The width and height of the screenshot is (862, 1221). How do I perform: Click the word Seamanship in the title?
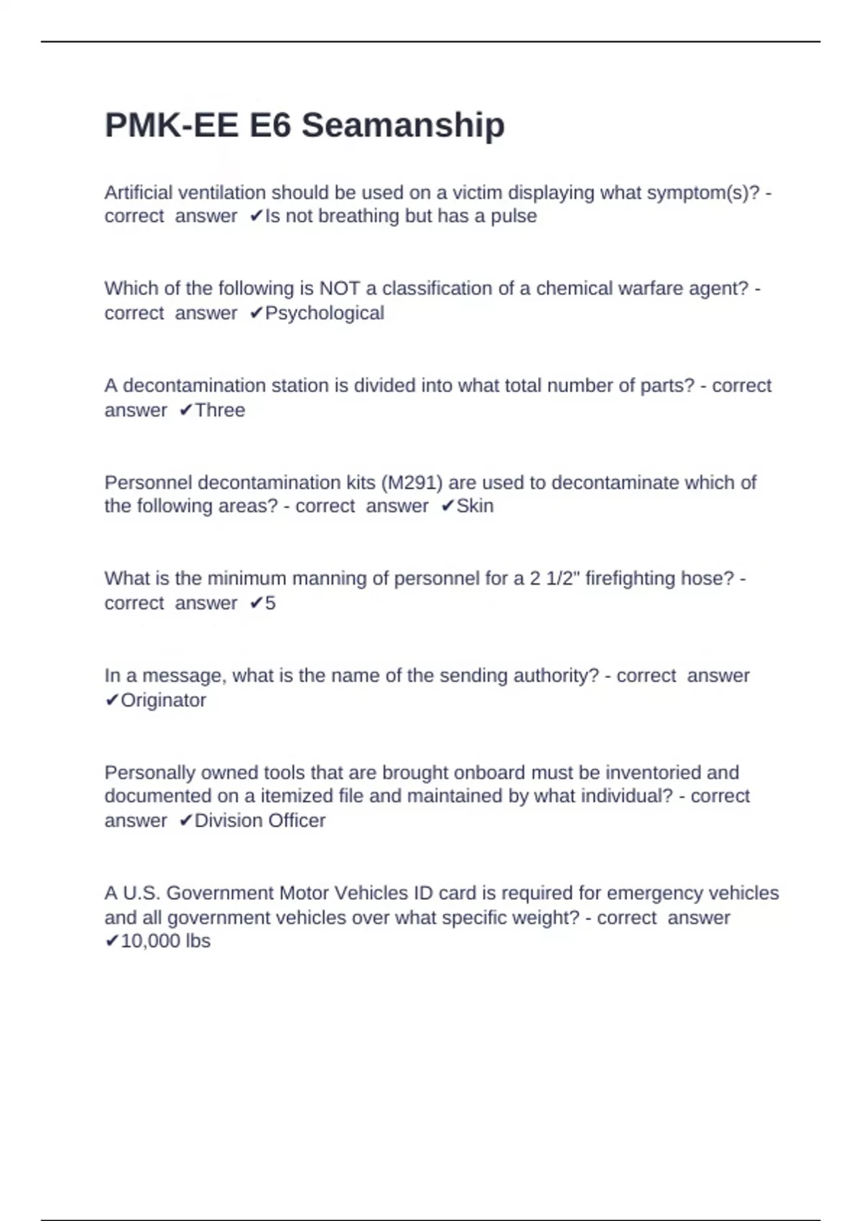pyautogui.click(x=403, y=126)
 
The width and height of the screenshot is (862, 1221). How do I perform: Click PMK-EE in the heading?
pyautogui.click(x=171, y=126)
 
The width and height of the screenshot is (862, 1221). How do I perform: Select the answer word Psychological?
pyautogui.click(x=325, y=313)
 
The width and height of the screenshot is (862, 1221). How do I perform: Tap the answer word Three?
pyautogui.click(x=220, y=410)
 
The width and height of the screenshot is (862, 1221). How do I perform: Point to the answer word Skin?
pyautogui.click(x=475, y=506)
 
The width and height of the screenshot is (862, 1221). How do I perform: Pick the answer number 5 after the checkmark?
pyautogui.click(x=270, y=603)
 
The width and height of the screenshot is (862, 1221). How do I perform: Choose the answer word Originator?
pyautogui.click(x=163, y=700)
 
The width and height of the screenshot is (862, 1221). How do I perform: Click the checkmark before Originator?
pyautogui.click(x=111, y=700)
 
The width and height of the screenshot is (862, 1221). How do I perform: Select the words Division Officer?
pyautogui.click(x=260, y=821)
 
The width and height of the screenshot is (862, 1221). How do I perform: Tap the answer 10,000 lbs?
pyautogui.click(x=165, y=941)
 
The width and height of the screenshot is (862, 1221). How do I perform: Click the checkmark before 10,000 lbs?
pyautogui.click(x=111, y=941)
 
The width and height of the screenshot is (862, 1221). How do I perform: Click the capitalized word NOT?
pyautogui.click(x=339, y=289)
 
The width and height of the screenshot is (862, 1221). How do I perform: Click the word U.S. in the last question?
pyautogui.click(x=142, y=893)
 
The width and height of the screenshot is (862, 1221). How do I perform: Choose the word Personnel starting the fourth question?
pyautogui.click(x=148, y=483)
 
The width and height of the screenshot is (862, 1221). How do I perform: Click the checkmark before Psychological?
pyautogui.click(x=256, y=313)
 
